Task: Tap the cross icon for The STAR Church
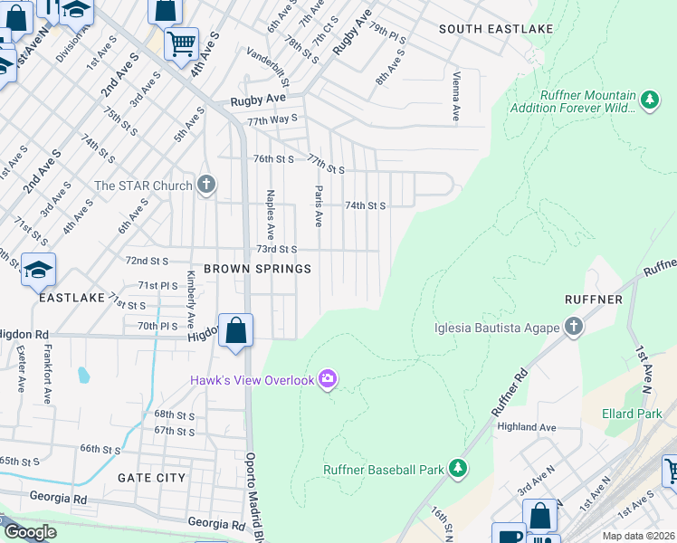click(x=206, y=186)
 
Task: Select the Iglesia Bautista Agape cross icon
click(x=573, y=327)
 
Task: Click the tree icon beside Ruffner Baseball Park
click(x=459, y=469)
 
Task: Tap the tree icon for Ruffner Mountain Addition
click(x=649, y=100)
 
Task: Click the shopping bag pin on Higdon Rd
click(x=235, y=330)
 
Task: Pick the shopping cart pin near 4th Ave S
click(x=181, y=43)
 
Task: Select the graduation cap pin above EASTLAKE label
click(x=38, y=270)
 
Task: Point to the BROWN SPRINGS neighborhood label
click(x=257, y=269)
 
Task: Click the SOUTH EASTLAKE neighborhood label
click(x=482, y=29)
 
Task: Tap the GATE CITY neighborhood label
click(x=151, y=477)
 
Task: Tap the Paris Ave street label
click(x=318, y=206)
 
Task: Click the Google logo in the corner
click(x=29, y=533)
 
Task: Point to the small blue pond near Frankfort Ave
click(x=84, y=374)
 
